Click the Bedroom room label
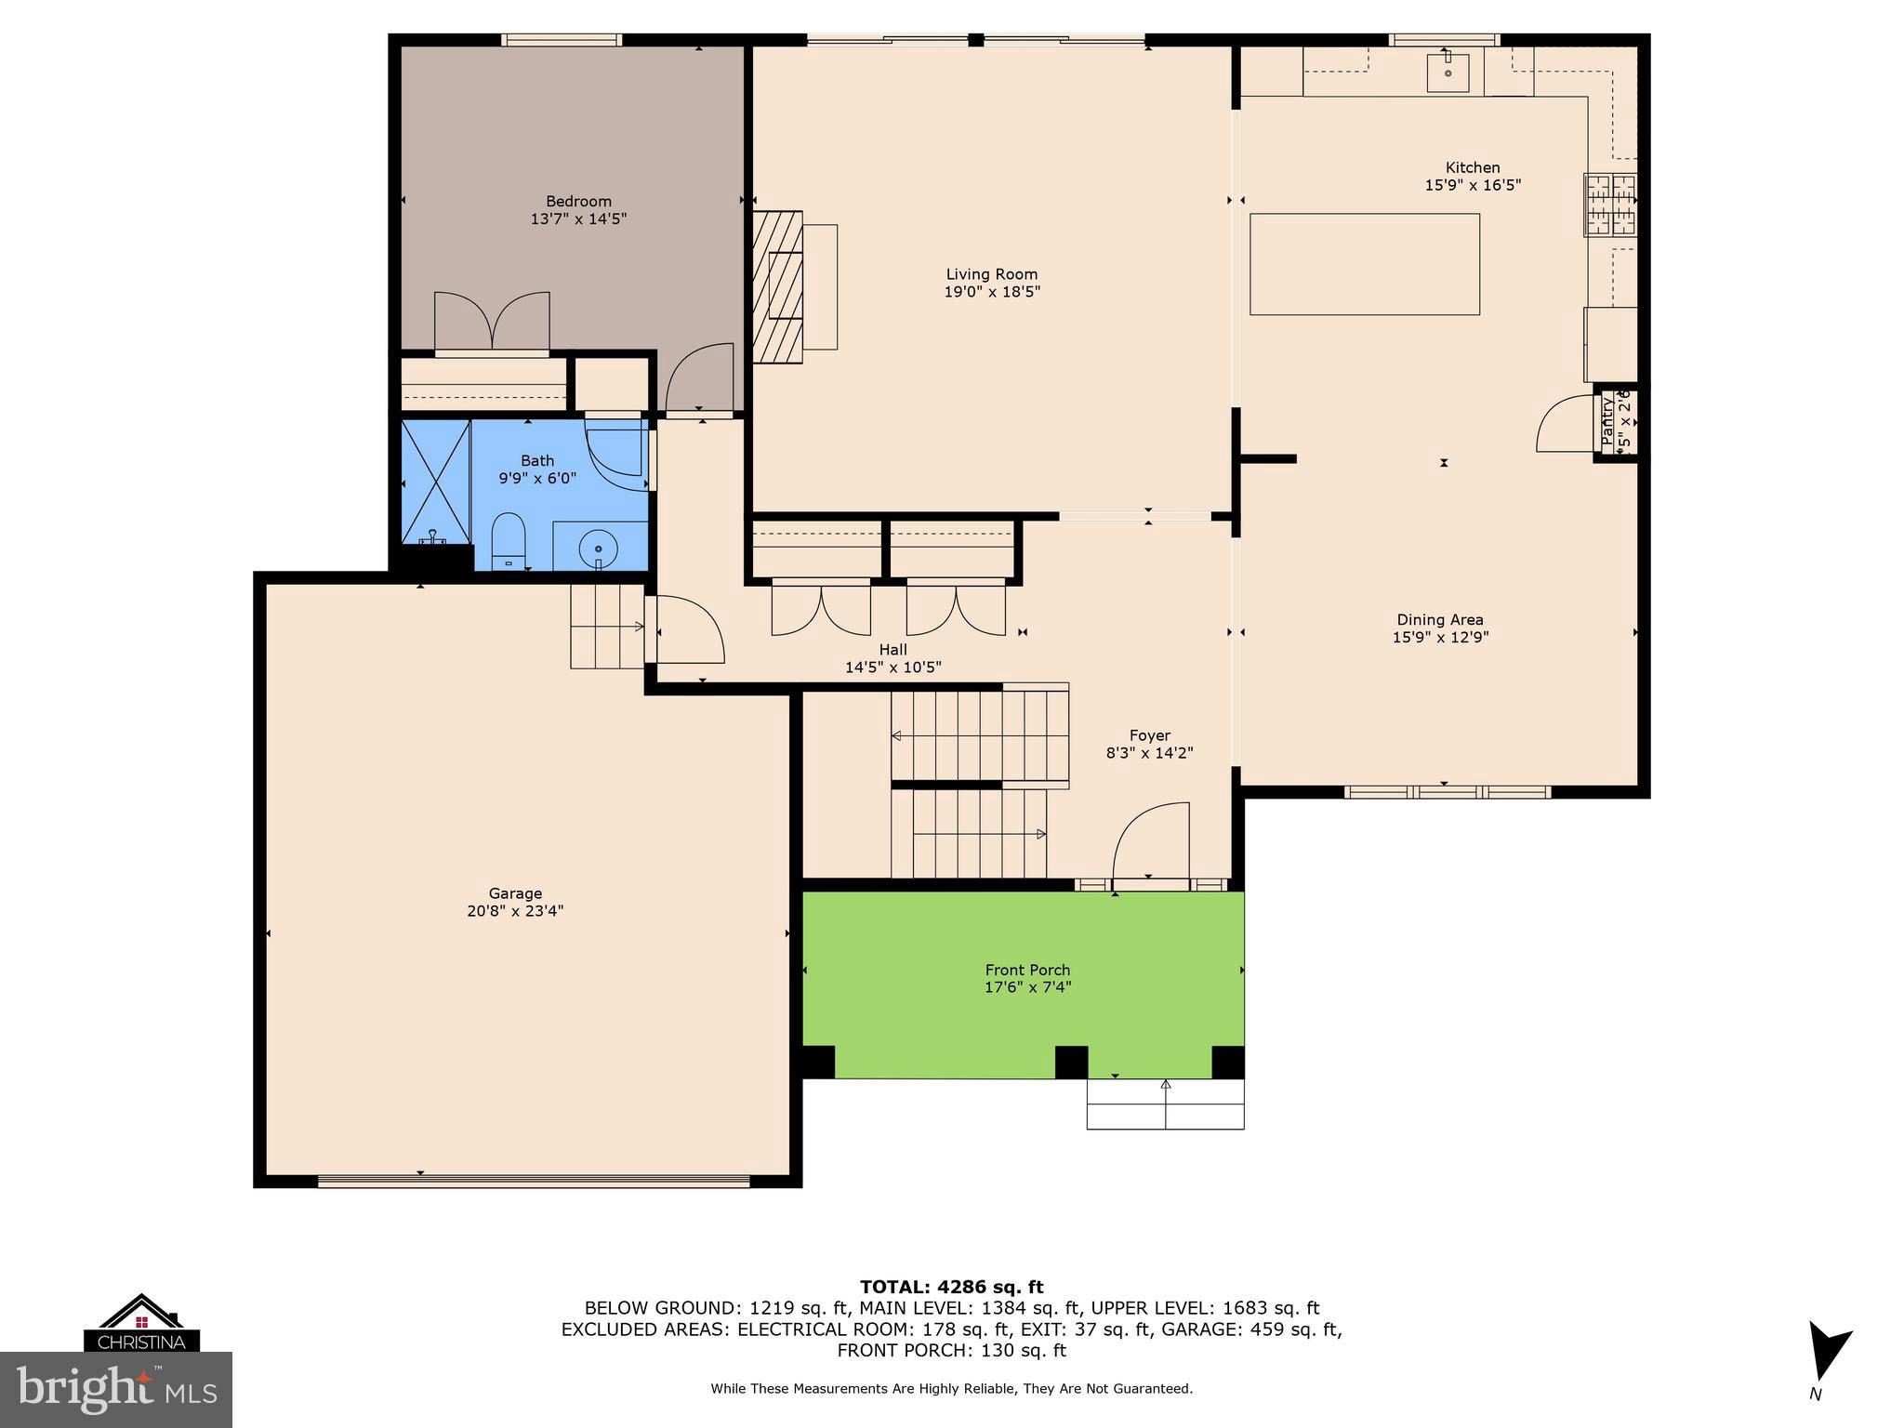click(578, 202)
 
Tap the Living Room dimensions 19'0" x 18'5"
click(991, 292)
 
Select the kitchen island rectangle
click(1364, 264)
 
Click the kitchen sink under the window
click(1448, 73)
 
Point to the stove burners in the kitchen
click(1610, 205)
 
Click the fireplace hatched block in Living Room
click(776, 286)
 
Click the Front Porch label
click(1027, 970)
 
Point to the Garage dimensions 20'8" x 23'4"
click(515, 911)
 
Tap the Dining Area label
click(1439, 620)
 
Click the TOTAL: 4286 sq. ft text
click(951, 1287)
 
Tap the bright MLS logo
click(116, 1389)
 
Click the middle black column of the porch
click(1071, 1062)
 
